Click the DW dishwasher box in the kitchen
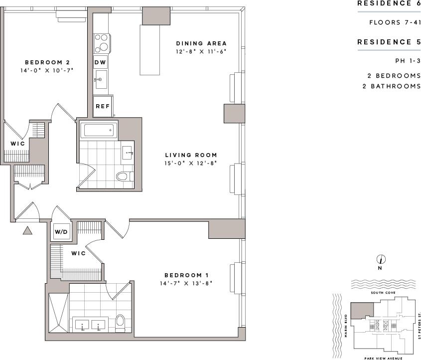(x=100, y=63)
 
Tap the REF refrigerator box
(x=102, y=106)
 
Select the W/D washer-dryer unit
(x=62, y=231)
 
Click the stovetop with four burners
(x=102, y=43)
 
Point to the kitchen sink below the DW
(x=101, y=79)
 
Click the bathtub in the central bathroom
(x=99, y=131)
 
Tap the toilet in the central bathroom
(x=123, y=176)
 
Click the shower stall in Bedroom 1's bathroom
(x=58, y=312)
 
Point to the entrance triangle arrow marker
(x=27, y=230)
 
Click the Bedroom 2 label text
(x=47, y=63)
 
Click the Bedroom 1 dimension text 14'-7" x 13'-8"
(x=186, y=283)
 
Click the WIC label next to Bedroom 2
(x=17, y=144)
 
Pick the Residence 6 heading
(x=389, y=3)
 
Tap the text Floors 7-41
(x=395, y=22)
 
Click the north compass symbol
(x=381, y=259)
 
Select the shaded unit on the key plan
(x=361, y=310)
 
